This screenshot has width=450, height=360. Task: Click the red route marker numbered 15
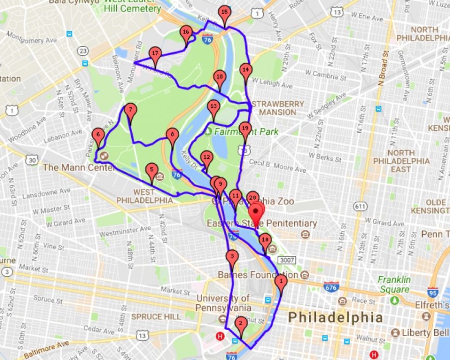pyautogui.click(x=224, y=13)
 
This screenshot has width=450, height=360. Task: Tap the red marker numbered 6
pyautogui.click(x=98, y=136)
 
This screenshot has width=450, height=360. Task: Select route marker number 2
pyautogui.click(x=241, y=323)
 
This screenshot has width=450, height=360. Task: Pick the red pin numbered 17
pyautogui.click(x=156, y=55)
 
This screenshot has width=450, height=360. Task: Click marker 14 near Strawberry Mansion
pyautogui.click(x=246, y=70)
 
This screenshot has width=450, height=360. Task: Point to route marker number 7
pyautogui.click(x=131, y=111)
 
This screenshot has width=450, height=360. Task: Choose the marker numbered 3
pyautogui.click(x=232, y=257)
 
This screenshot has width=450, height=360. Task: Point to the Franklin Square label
pyautogui.click(x=394, y=284)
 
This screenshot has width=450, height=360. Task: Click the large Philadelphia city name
pyautogui.click(x=335, y=317)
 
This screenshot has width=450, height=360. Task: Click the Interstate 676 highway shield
pyautogui.click(x=332, y=286)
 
